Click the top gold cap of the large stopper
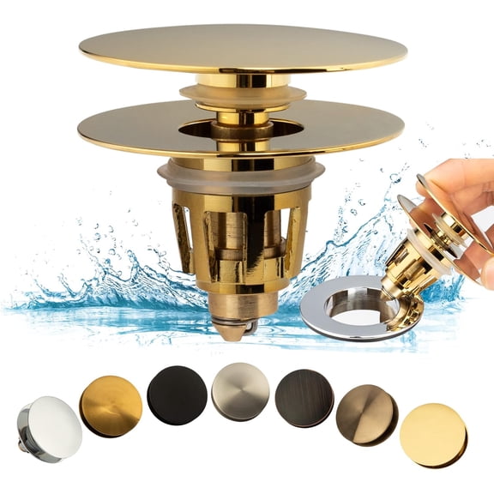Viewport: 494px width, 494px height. pyautogui.click(x=243, y=47)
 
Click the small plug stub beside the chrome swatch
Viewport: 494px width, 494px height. pyautogui.click(x=24, y=422)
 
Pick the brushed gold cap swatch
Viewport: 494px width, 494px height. pyautogui.click(x=111, y=405)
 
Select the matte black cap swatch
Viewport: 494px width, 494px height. pyautogui.click(x=177, y=395)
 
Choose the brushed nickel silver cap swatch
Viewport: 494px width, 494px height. pyautogui.click(x=240, y=391)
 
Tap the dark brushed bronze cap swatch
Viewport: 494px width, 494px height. pyautogui.click(x=304, y=396)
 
